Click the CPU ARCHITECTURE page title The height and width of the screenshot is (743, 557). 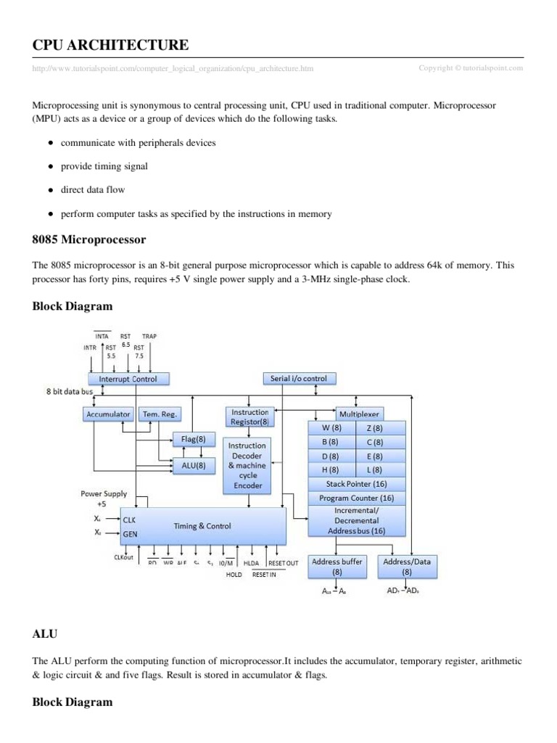(x=111, y=46)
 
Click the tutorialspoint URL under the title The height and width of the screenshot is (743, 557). (x=173, y=69)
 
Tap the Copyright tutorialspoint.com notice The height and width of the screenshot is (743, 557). (x=471, y=68)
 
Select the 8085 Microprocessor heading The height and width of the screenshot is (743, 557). (x=89, y=239)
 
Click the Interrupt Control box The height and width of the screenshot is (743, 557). (x=128, y=379)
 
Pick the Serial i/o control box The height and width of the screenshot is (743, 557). (x=298, y=378)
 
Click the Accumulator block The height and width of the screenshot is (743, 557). (x=107, y=414)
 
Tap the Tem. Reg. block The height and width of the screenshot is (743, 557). (x=160, y=414)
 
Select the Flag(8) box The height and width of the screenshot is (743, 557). (x=194, y=439)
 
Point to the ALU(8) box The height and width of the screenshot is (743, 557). (x=194, y=466)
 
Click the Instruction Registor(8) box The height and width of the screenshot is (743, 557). (x=249, y=416)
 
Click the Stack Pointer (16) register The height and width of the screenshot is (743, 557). (x=357, y=483)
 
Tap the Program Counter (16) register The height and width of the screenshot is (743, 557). (x=357, y=498)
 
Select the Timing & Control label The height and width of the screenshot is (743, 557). (x=203, y=526)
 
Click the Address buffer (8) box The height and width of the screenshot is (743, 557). (x=336, y=566)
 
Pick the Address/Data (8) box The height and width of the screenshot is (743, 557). (x=407, y=566)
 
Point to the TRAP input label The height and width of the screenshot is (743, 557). (x=149, y=337)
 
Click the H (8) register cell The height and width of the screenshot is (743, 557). (x=331, y=469)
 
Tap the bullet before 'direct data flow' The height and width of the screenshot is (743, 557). (x=50, y=190)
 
